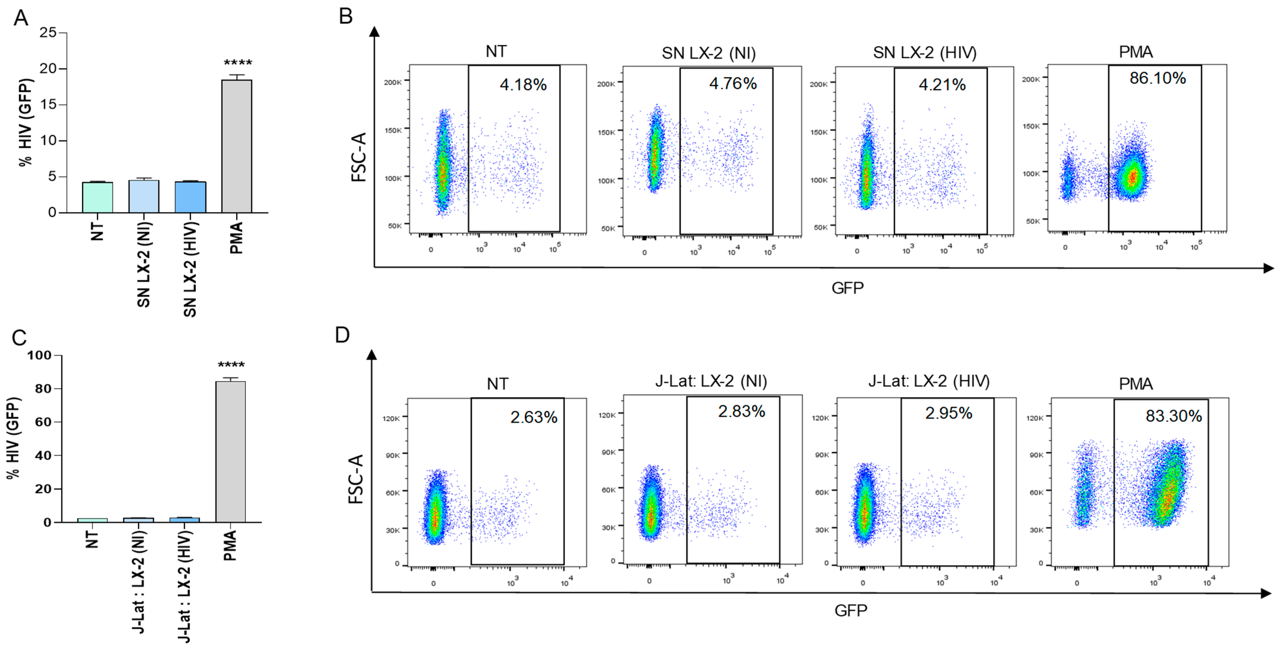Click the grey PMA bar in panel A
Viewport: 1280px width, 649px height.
click(x=237, y=146)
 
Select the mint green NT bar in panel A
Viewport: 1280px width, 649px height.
click(x=97, y=197)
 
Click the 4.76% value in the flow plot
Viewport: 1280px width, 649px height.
click(x=733, y=83)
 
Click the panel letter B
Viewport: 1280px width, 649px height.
click(x=346, y=16)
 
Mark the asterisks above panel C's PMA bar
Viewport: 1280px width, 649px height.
click(x=231, y=365)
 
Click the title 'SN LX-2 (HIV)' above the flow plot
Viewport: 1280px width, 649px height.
click(x=925, y=53)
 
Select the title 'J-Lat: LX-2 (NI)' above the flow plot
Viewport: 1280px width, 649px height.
click(x=711, y=381)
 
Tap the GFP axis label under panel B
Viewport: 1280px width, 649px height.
click(x=847, y=288)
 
